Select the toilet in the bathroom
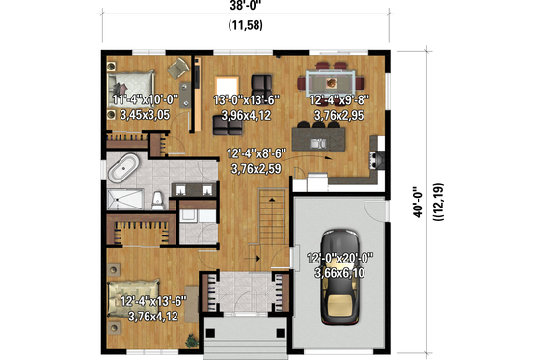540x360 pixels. (156, 200)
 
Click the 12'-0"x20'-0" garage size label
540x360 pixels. (339, 259)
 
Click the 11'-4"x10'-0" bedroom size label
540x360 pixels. (147, 98)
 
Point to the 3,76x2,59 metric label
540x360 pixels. (256, 169)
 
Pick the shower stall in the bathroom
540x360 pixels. (121, 200)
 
